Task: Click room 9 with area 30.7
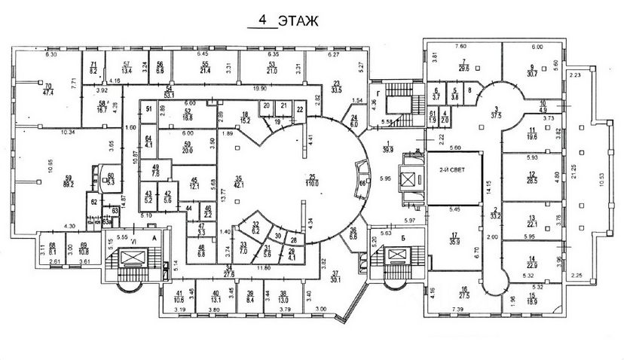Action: (x=532, y=70)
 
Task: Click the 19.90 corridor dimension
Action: (x=262, y=88)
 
